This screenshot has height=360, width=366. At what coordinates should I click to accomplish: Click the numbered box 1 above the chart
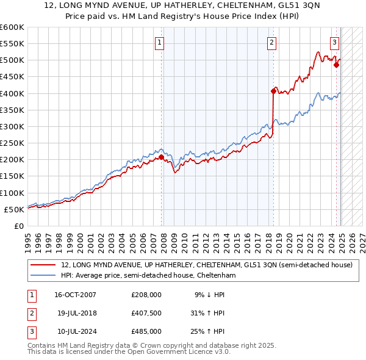tap(159, 43)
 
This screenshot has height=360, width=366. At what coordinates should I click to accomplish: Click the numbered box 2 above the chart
tap(271, 43)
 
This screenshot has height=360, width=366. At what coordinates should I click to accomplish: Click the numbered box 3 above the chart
tap(335, 43)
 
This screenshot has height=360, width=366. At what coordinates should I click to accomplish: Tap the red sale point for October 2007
tap(162, 157)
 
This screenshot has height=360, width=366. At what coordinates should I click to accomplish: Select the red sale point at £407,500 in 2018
tap(273, 91)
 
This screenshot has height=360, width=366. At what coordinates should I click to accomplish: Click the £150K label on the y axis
tap(12, 176)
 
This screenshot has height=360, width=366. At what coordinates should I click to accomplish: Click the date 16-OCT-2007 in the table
tap(76, 295)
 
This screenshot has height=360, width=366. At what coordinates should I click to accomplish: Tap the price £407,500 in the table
tap(146, 313)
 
